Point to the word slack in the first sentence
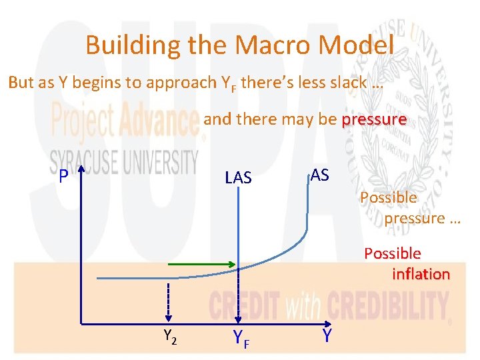[x=345, y=83]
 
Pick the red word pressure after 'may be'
[x=373, y=120]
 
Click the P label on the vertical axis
[x=63, y=176]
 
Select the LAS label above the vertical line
[x=238, y=177]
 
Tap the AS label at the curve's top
[x=319, y=175]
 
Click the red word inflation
[x=421, y=274]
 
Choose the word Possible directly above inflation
[x=392, y=253]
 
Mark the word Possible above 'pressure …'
[x=388, y=197]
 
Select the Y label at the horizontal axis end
[x=327, y=337]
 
